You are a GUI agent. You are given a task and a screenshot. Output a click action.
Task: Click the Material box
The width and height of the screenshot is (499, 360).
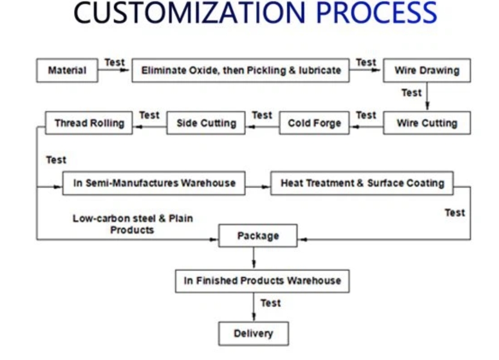[x=67, y=70]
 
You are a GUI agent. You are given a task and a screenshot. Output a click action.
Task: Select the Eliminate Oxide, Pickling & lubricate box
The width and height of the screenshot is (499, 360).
[x=240, y=70]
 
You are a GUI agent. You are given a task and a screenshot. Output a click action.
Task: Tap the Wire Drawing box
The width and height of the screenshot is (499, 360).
[x=426, y=70]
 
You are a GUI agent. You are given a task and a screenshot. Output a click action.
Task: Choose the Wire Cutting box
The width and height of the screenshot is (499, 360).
[x=426, y=123]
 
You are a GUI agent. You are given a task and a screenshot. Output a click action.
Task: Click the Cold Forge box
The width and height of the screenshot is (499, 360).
[x=314, y=123]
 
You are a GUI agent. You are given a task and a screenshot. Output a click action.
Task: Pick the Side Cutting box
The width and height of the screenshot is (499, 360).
[x=206, y=123]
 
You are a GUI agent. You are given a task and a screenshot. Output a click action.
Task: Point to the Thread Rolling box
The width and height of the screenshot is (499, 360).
[x=89, y=123]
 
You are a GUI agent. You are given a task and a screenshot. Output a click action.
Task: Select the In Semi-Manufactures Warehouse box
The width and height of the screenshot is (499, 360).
[x=154, y=183]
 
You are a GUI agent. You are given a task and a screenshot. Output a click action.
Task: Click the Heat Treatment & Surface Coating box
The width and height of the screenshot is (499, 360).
[x=362, y=183]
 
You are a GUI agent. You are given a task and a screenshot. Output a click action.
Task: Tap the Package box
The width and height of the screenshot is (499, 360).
[x=257, y=236]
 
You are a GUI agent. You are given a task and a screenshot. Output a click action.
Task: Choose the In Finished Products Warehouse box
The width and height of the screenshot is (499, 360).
[x=262, y=281]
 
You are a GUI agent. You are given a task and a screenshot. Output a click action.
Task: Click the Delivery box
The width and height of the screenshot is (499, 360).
[x=253, y=334]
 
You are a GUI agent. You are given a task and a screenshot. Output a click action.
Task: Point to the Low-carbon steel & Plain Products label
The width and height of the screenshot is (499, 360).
[x=132, y=224]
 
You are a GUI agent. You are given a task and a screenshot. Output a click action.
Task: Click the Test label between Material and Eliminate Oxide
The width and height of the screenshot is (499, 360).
[x=114, y=62]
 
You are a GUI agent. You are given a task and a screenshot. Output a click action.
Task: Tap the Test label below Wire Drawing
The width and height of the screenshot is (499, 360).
[x=411, y=93]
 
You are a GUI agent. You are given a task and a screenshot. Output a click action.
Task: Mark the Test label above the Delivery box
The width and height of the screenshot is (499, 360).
[x=270, y=303]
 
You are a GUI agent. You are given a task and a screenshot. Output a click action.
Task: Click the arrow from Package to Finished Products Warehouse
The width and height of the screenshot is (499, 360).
[x=254, y=258]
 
